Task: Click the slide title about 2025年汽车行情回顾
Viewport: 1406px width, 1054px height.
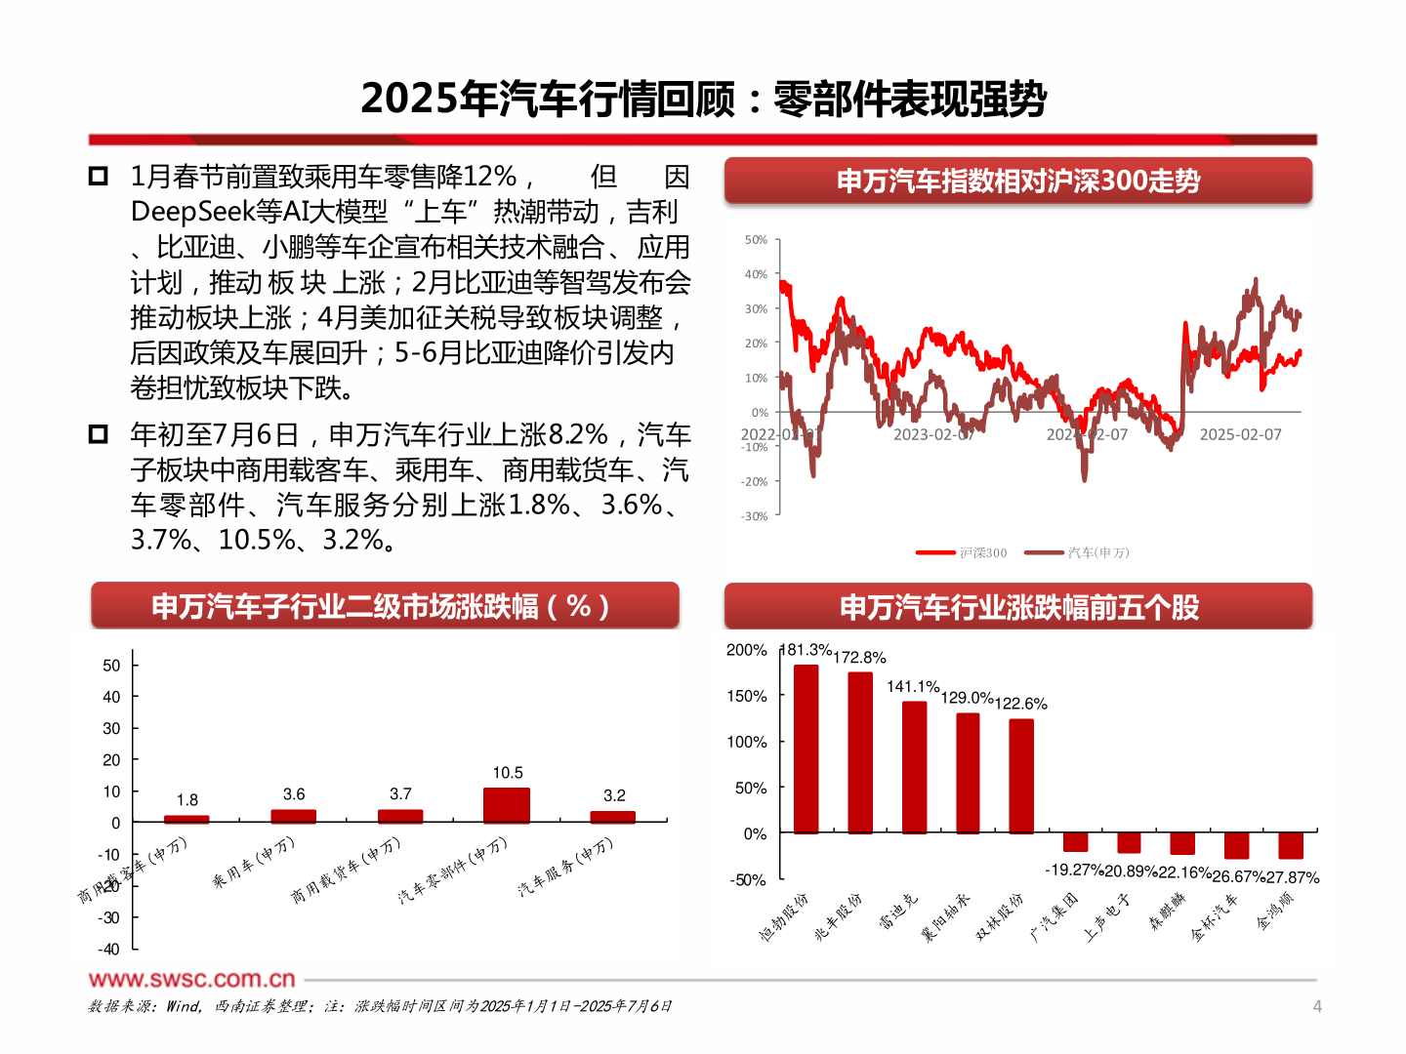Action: [703, 99]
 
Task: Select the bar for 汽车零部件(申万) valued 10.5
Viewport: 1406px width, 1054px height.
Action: [507, 805]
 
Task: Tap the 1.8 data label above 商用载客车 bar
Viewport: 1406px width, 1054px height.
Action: [186, 799]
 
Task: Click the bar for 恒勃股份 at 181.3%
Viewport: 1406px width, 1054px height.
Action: [806, 749]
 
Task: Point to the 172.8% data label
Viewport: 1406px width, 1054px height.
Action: [859, 658]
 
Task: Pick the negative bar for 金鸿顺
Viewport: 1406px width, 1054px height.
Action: [1290, 845]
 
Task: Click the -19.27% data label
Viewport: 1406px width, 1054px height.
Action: [1073, 870]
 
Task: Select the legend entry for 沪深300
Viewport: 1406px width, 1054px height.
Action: [962, 552]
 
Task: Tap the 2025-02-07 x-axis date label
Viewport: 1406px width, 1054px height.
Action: [1240, 434]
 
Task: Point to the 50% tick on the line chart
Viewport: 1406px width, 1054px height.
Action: [756, 239]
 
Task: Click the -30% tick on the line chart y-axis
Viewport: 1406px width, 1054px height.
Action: [754, 516]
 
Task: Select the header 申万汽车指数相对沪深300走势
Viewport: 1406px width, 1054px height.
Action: [1017, 181]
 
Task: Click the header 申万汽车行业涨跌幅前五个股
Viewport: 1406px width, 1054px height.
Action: [1017, 607]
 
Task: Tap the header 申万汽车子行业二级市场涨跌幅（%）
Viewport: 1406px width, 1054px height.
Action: [384, 606]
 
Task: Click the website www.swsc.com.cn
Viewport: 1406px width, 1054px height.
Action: [191, 979]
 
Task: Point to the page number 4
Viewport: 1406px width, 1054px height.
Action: [1316, 1006]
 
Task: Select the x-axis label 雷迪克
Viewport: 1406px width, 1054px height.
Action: [898, 912]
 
